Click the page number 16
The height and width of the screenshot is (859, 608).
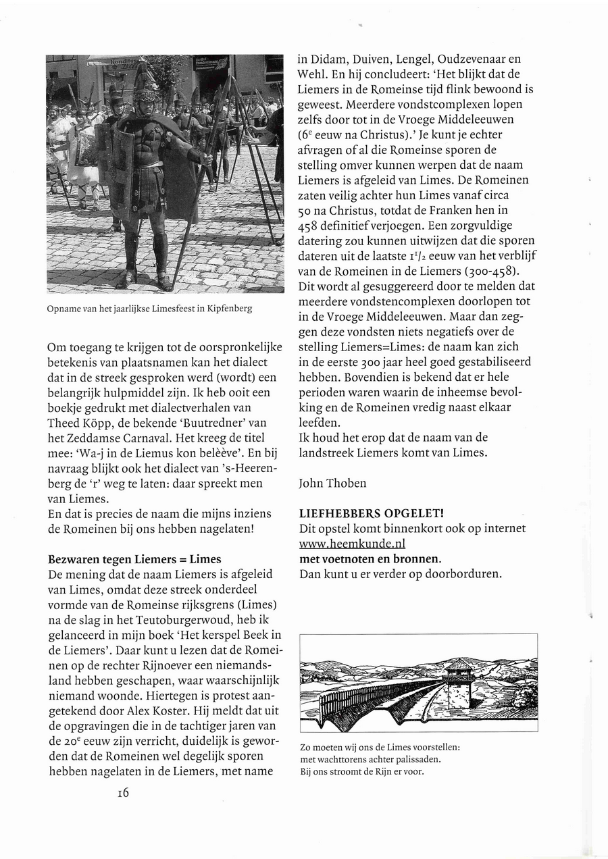(x=122, y=793)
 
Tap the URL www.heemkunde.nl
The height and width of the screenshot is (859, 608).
(x=352, y=544)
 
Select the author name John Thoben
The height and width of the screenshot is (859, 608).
(x=332, y=484)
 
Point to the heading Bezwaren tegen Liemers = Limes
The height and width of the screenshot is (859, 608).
(x=135, y=559)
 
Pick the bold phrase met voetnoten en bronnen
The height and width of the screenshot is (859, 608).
(x=370, y=559)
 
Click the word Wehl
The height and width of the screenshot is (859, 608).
(x=311, y=75)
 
